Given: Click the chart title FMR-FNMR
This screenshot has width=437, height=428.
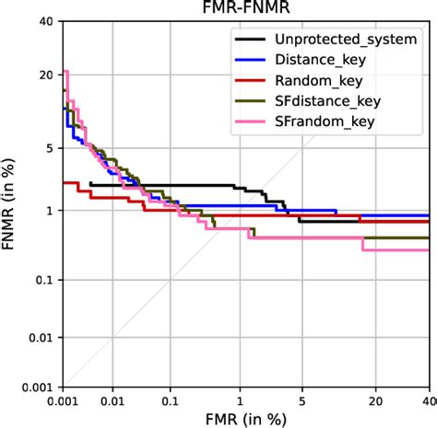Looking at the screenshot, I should coord(246,7).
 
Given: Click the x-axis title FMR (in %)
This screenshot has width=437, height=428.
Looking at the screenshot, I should coord(246,418).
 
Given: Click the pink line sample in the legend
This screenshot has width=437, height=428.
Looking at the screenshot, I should coord(249,120).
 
